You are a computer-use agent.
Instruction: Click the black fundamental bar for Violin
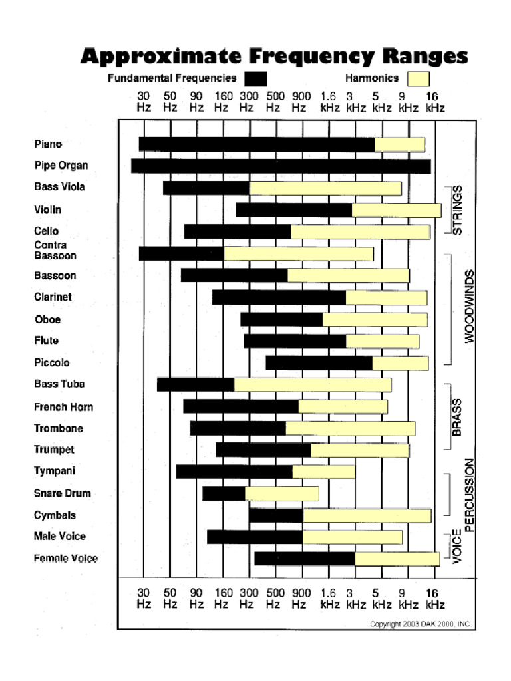[x=293, y=210]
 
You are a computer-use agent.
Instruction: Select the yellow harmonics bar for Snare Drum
[x=281, y=493]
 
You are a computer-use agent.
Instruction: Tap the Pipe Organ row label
[x=61, y=166]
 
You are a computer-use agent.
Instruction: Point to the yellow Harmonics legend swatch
[x=418, y=79]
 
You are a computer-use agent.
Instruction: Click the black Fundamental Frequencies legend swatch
[x=255, y=79]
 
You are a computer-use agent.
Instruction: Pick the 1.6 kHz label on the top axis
[x=329, y=101]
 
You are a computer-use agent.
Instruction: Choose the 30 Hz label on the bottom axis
[x=144, y=598]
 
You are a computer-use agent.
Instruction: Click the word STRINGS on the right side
[x=457, y=209]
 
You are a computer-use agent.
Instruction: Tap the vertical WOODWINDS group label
[x=470, y=306]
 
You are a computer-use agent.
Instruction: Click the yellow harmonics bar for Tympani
[x=323, y=472]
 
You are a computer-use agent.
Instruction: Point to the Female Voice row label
[x=66, y=559]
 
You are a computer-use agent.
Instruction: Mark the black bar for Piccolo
[x=319, y=363]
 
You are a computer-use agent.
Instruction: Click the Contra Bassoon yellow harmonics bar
[x=298, y=253]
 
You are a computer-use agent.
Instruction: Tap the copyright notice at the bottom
[x=421, y=624]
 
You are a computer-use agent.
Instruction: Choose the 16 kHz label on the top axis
[x=432, y=101]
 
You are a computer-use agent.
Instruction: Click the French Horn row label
[x=63, y=407]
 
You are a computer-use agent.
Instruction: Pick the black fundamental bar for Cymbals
[x=275, y=515]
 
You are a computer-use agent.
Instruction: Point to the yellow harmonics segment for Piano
[x=399, y=144]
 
